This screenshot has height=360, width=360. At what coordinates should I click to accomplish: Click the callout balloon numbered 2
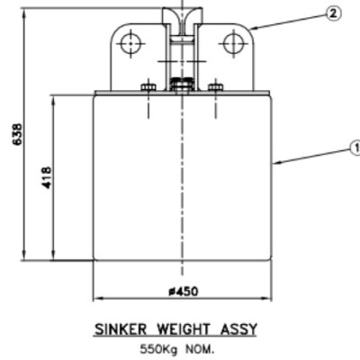click(334, 13)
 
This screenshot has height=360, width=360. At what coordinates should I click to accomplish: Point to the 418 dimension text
click(46, 177)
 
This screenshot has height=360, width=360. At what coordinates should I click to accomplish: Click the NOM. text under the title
click(201, 347)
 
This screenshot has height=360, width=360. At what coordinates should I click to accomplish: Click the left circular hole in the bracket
click(130, 41)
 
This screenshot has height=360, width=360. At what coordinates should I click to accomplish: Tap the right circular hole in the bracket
click(233, 41)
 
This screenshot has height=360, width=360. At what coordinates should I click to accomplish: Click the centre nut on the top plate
click(181, 86)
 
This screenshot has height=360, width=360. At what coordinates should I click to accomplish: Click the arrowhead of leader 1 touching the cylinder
click(274, 163)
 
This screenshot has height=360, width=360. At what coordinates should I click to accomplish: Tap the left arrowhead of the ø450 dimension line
click(97, 298)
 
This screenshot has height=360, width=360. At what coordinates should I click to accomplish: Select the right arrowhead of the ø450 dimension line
click(270, 298)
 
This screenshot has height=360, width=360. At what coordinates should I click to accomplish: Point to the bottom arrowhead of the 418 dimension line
click(57, 258)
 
